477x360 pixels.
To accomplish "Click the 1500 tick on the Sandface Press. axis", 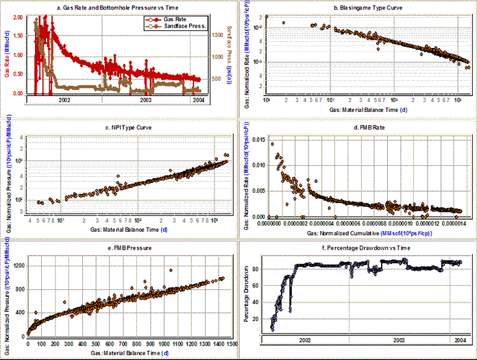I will coord(216,33).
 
